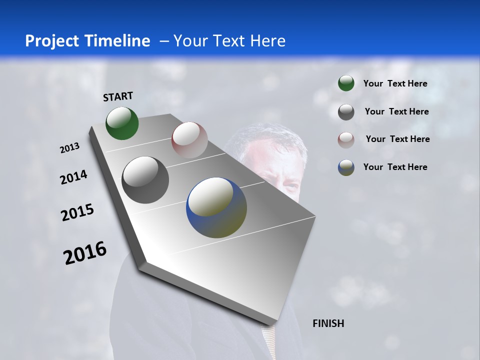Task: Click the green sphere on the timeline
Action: click(x=122, y=123)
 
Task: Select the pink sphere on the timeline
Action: click(x=189, y=139)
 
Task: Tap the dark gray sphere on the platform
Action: click(x=145, y=180)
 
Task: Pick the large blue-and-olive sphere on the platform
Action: click(x=216, y=207)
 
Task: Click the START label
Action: click(x=118, y=96)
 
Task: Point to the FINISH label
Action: click(x=328, y=323)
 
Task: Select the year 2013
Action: click(x=69, y=148)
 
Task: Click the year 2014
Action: click(x=73, y=177)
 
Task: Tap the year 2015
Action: click(x=77, y=212)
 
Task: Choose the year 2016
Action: click(x=85, y=253)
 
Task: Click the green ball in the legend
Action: click(x=346, y=83)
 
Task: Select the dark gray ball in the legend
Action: click(x=346, y=112)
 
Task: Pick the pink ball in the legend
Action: click(x=346, y=139)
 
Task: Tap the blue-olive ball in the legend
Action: click(x=346, y=167)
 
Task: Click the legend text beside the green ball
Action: click(x=395, y=83)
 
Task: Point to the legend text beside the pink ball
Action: click(x=397, y=139)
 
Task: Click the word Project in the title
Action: click(x=50, y=41)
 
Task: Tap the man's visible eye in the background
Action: click(x=288, y=186)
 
